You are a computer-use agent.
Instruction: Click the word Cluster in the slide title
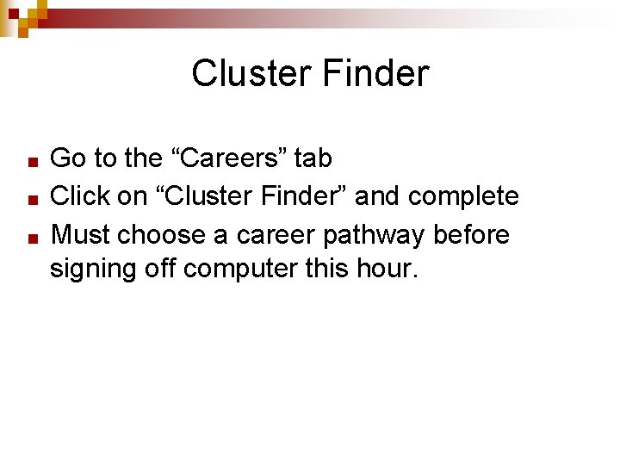251,73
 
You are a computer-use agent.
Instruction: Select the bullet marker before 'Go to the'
31,161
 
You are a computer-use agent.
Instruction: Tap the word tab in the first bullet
313,158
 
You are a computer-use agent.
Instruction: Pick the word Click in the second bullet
82,196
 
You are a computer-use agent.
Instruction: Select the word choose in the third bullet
161,235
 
